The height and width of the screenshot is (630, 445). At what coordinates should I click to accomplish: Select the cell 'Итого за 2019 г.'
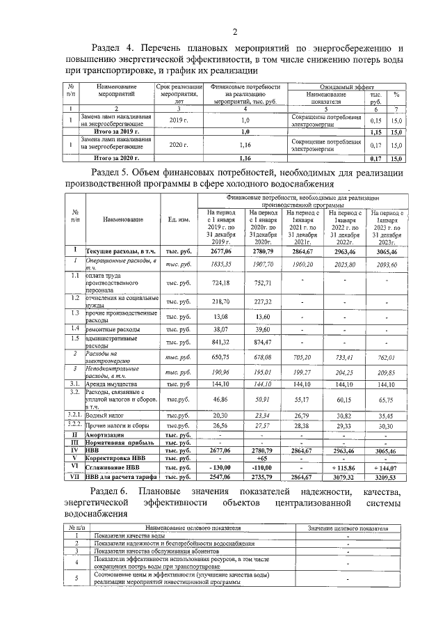(x=116, y=131)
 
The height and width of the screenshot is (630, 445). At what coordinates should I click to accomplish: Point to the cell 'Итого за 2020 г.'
(x=116, y=159)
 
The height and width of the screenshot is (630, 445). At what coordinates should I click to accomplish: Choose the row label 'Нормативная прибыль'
(x=120, y=442)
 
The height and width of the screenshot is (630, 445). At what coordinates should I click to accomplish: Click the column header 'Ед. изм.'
(x=179, y=220)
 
